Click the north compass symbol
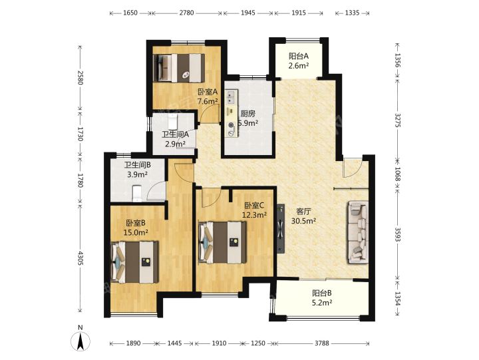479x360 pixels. pyautogui.click(x=80, y=341)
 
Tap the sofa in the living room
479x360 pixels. pyautogui.click(x=357, y=232)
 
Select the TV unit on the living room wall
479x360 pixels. pyautogui.click(x=281, y=229)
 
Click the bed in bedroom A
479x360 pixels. pyautogui.click(x=179, y=68)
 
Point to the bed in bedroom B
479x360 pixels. pyautogui.click(x=134, y=262)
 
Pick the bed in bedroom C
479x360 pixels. pyautogui.click(x=222, y=242)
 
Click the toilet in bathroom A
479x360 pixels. pyautogui.click(x=173, y=122)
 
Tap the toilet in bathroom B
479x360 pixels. pyautogui.click(x=137, y=194)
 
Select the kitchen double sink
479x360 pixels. pyautogui.click(x=231, y=96)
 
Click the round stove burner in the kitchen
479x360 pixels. pyautogui.click(x=232, y=124)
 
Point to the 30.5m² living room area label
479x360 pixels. pyautogui.click(x=303, y=221)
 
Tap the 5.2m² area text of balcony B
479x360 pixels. pyautogui.click(x=322, y=303)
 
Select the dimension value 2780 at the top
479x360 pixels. pyautogui.click(x=186, y=13)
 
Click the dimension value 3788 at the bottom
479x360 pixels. pyautogui.click(x=322, y=343)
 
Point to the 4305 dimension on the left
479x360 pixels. pyautogui.click(x=80, y=258)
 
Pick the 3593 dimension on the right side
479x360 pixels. pyautogui.click(x=397, y=234)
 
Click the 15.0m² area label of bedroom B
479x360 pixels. pyautogui.click(x=136, y=232)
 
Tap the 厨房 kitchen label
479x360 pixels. pyautogui.click(x=247, y=114)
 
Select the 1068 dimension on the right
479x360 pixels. pyautogui.click(x=397, y=174)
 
